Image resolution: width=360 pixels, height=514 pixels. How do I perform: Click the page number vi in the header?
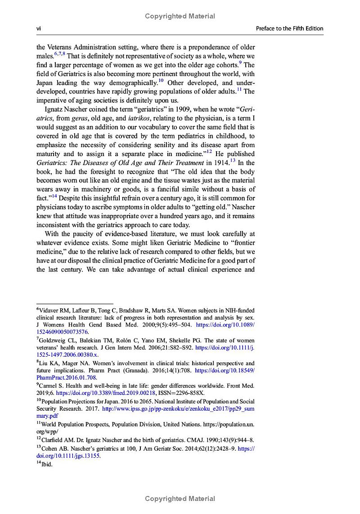point(39,28)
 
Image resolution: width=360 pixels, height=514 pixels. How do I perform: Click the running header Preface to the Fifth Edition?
point(289,28)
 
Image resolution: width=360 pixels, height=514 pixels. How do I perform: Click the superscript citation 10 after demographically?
point(161,81)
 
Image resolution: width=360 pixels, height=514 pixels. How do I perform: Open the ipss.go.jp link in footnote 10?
point(178,408)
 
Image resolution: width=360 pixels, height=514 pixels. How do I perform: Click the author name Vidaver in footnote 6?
point(49,310)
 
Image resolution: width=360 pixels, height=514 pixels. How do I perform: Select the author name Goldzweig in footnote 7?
point(53,340)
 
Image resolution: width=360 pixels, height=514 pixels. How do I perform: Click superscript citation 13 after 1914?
point(233,160)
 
